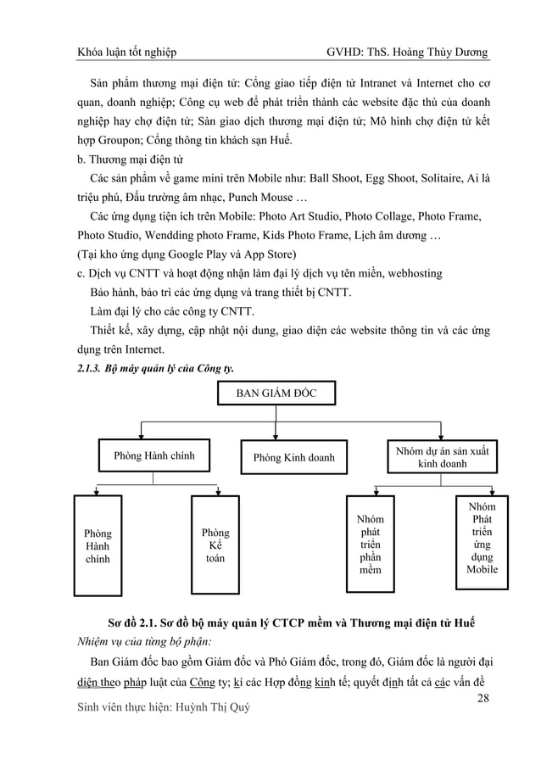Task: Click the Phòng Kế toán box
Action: tap(215, 546)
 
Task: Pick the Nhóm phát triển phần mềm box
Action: tap(371, 544)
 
